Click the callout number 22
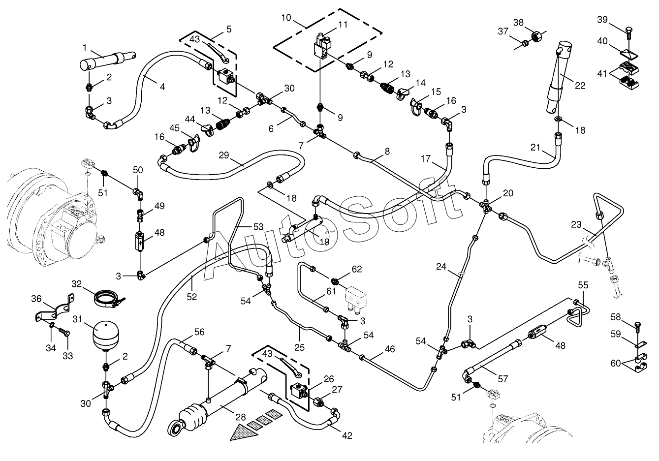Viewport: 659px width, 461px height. (580, 86)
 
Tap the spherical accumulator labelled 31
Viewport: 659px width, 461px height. (105, 336)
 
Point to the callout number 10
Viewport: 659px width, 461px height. (286, 18)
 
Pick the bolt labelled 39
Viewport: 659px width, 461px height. (628, 33)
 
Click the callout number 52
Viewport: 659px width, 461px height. (191, 297)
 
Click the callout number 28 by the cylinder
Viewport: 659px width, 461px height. (240, 417)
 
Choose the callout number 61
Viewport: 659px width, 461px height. (331, 291)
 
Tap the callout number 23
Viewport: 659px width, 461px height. (576, 225)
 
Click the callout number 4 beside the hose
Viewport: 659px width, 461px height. (162, 87)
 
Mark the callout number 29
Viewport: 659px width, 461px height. (223, 155)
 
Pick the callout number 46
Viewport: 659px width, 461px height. (390, 349)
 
